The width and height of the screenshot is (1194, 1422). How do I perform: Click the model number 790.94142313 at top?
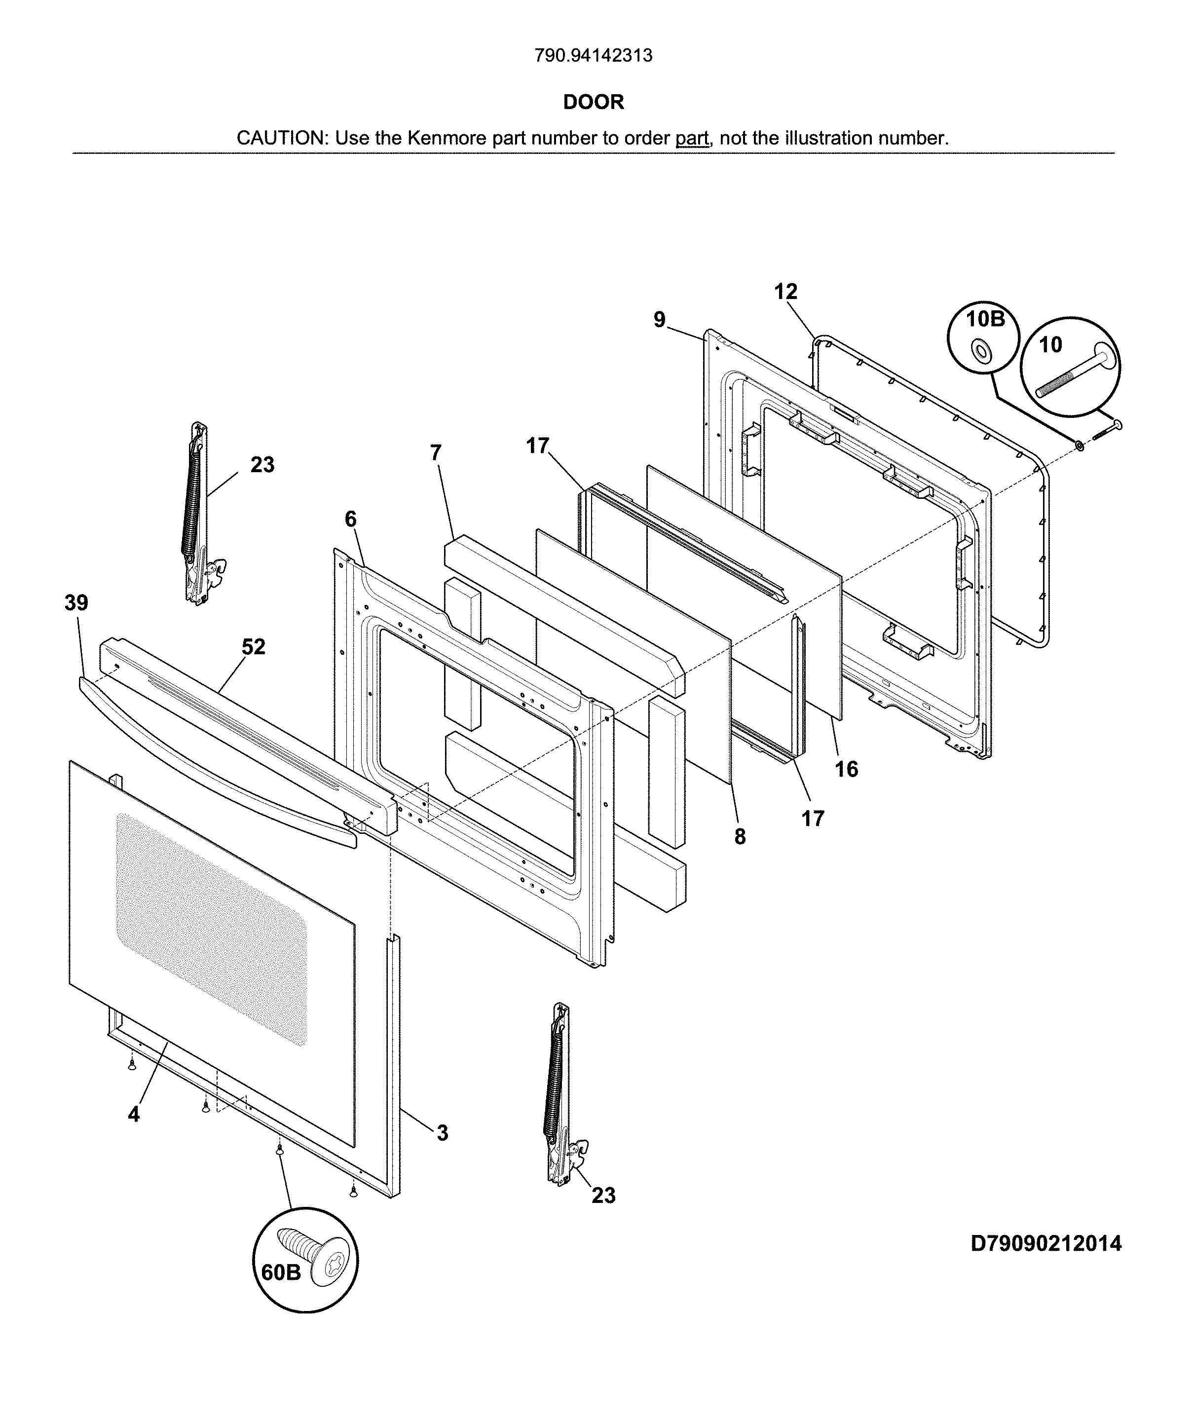[x=593, y=56]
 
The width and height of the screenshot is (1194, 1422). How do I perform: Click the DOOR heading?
[x=593, y=102]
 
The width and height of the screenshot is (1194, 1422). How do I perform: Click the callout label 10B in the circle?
[x=985, y=319]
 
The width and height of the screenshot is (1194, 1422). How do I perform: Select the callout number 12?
[x=785, y=292]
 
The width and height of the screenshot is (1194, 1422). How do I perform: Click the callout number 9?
[x=660, y=320]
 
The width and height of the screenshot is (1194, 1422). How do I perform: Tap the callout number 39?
[x=76, y=602]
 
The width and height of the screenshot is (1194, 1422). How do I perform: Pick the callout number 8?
[x=740, y=837]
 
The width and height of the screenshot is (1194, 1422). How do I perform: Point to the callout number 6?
[x=350, y=520]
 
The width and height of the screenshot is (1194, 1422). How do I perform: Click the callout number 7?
[x=436, y=452]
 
